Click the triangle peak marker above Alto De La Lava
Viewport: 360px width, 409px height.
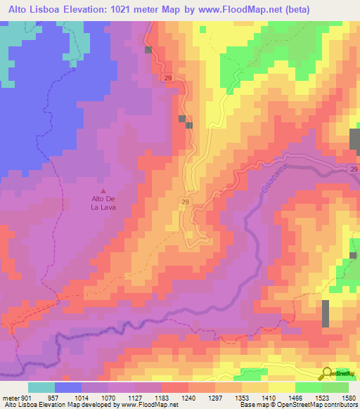(x=105, y=190)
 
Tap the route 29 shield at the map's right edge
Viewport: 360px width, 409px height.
(x=354, y=169)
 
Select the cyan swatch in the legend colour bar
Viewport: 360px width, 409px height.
(x=41, y=387)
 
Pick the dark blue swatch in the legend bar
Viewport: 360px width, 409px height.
(x=69, y=387)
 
